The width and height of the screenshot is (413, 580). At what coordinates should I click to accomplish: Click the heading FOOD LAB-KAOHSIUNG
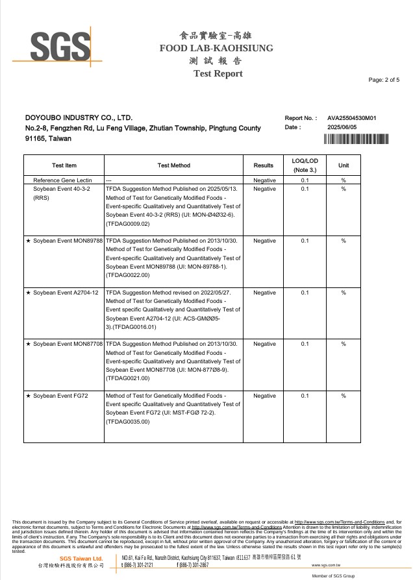tap(216, 48)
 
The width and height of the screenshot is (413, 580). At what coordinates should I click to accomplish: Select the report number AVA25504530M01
tap(352, 118)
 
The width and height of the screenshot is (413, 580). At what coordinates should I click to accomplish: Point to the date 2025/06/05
tap(342, 127)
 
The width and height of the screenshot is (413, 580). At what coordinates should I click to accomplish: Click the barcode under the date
tap(356, 139)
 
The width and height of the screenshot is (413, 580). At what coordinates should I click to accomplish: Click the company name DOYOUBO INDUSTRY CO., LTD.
tap(79, 118)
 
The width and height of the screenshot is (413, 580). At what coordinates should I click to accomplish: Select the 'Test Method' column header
tap(174, 165)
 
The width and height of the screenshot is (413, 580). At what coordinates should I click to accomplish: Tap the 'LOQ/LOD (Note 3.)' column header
tap(305, 165)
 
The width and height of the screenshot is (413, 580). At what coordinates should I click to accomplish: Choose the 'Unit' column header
tap(344, 165)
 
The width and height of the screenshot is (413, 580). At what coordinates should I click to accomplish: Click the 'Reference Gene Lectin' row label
tap(62, 180)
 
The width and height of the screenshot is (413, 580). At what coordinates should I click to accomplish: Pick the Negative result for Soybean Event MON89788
tap(264, 241)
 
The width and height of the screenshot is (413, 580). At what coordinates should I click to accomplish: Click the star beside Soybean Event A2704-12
tap(28, 293)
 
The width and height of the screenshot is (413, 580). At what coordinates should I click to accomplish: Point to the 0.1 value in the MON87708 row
tap(305, 344)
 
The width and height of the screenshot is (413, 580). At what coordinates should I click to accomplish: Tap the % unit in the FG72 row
tap(344, 396)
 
